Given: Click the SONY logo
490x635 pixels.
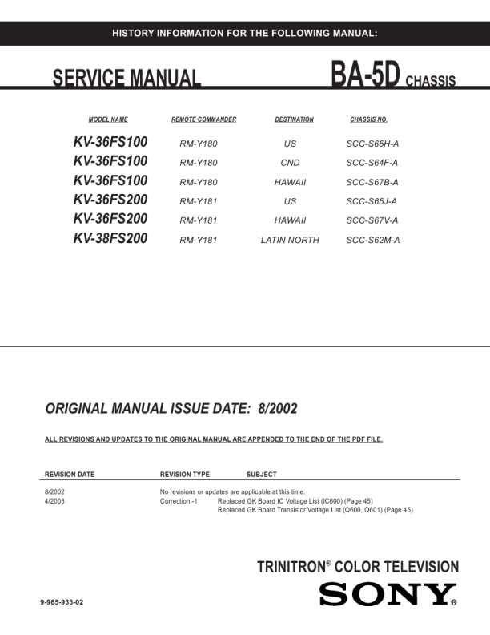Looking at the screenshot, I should (388, 595).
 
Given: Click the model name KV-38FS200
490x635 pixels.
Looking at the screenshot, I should (110, 238).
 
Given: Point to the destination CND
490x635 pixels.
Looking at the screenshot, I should (290, 163).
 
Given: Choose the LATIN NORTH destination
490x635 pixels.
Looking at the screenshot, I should (290, 240).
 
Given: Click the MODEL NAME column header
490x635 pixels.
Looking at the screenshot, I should (108, 119).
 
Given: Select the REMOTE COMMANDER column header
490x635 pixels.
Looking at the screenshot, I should (203, 119).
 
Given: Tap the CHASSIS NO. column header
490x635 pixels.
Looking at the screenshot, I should (369, 119).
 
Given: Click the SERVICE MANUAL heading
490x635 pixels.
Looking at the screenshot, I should (127, 79).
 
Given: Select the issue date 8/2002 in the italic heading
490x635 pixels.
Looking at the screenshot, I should (278, 408).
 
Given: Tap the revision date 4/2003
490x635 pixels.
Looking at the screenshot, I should (55, 500).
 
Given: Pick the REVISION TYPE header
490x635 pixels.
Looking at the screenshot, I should (185, 475).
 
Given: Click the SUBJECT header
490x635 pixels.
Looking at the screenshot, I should (262, 475).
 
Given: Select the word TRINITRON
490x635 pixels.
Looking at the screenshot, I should (288, 567).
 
